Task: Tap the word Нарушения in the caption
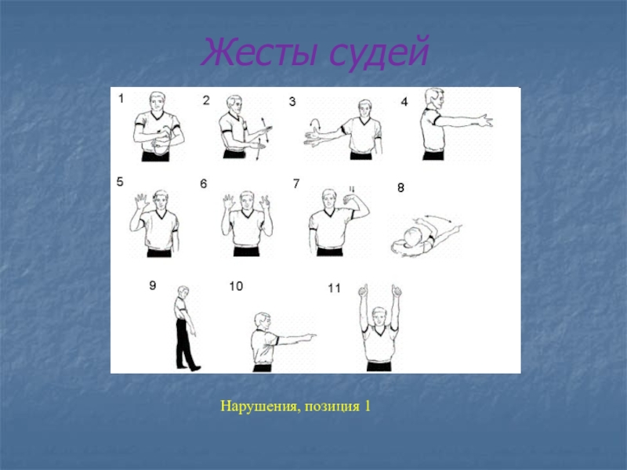pos(259,406)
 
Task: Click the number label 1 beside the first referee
pos(121,99)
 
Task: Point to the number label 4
pos(404,102)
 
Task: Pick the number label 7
pos(296,183)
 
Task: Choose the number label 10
pos(236,286)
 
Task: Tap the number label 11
pos(334,288)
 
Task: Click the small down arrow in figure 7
pos(352,189)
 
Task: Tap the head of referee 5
pos(161,200)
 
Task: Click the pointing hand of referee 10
pos(308,337)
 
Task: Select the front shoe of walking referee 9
pos(195,367)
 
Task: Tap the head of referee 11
pos(379,316)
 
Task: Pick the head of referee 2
pos(234,104)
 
